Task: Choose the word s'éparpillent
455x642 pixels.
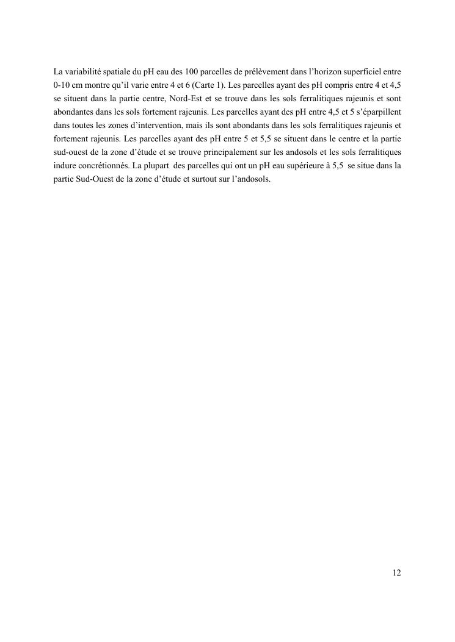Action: pos(377,112)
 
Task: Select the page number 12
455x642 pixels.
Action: pos(396,572)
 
